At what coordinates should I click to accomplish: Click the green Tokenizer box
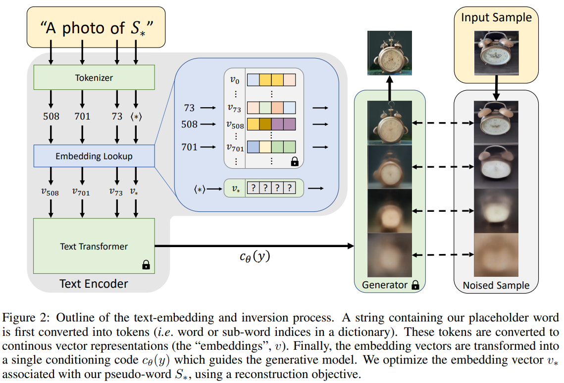click(x=94, y=78)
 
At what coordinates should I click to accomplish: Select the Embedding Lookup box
click(x=94, y=156)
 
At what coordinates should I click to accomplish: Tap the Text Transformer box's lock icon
click(x=146, y=265)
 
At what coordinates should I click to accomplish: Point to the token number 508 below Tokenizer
click(x=51, y=116)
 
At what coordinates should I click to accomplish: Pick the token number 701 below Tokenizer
click(x=82, y=116)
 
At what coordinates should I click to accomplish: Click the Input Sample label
click(x=496, y=18)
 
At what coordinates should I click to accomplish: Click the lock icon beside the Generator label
click(x=415, y=285)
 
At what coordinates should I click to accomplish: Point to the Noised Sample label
click(x=496, y=285)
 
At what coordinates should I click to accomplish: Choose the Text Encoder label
click(x=94, y=284)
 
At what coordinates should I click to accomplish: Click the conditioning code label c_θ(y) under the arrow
click(x=255, y=257)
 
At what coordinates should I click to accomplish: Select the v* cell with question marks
click(x=269, y=189)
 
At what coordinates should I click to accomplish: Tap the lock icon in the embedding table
click(x=295, y=161)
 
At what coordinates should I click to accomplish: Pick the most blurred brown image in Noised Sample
click(x=496, y=255)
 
